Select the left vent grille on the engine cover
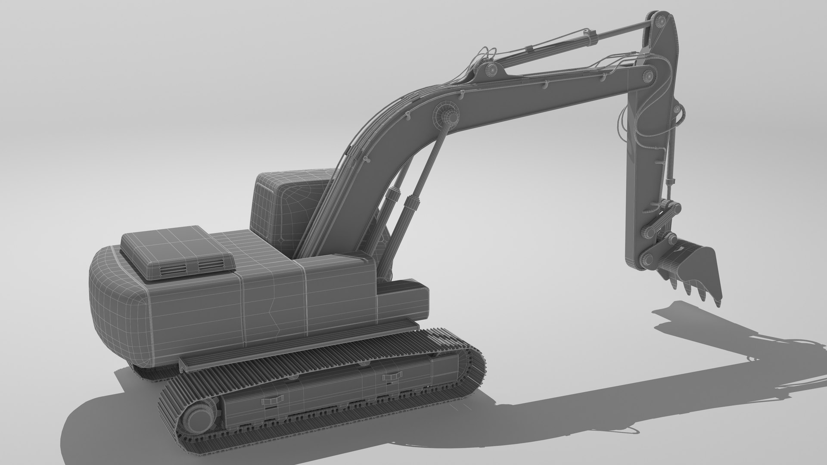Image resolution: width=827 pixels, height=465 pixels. click(174, 270)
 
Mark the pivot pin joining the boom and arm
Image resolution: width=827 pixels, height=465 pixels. click(647, 76)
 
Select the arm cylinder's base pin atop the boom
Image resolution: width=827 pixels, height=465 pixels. click(491, 69)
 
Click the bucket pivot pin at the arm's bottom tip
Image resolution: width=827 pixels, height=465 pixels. click(645, 260)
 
